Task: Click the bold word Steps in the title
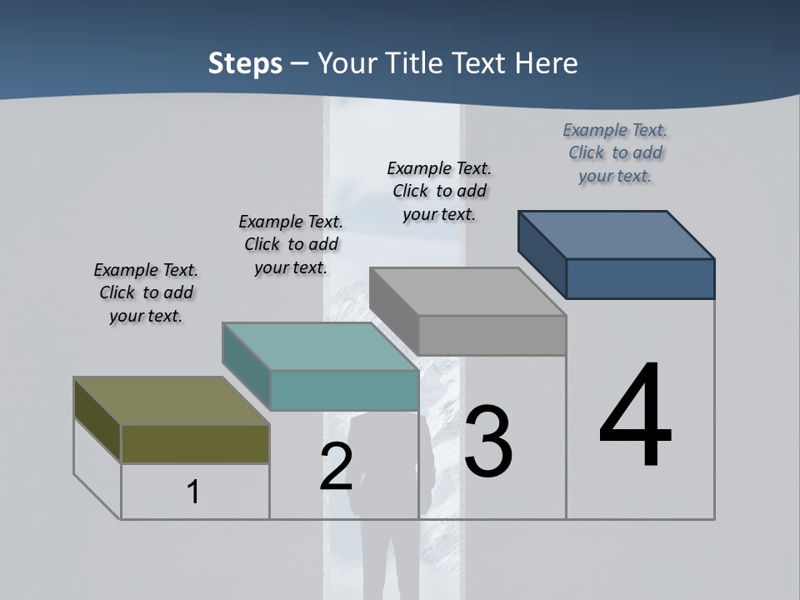coord(245,63)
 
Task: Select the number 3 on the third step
coord(488,442)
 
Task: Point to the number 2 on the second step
coord(336,467)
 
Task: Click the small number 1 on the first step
coord(193,492)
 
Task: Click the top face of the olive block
coord(171,401)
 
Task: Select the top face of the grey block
coord(467,292)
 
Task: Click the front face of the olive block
coord(195,444)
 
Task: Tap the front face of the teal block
coord(344,390)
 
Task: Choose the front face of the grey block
coord(492,335)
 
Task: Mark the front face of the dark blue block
coord(640,278)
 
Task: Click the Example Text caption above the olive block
coord(146,292)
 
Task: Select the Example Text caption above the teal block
coord(291,244)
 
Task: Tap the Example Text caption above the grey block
coord(439,191)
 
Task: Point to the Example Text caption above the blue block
coord(615,152)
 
